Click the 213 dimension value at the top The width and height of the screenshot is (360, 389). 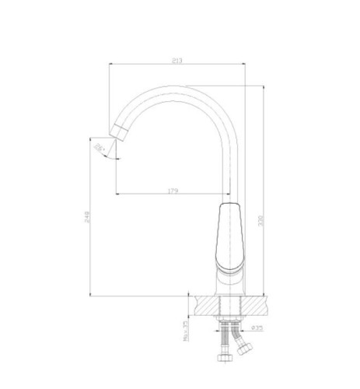(x=178, y=60)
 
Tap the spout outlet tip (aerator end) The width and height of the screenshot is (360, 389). (x=118, y=131)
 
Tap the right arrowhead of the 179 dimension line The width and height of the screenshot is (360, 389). (x=230, y=194)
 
